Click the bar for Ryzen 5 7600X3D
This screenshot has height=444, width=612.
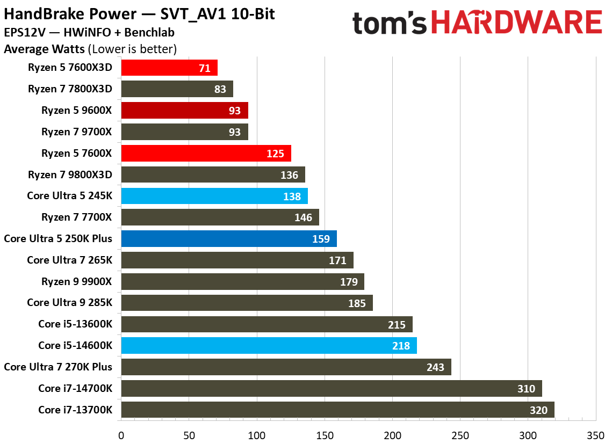click(169, 68)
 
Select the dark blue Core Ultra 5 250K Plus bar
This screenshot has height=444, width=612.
click(229, 239)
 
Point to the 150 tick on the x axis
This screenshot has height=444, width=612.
click(325, 433)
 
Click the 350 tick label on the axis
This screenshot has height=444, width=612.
click(595, 433)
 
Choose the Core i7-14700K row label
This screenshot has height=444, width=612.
click(75, 389)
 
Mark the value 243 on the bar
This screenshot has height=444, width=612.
click(435, 368)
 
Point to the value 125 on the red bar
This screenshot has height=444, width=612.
click(275, 154)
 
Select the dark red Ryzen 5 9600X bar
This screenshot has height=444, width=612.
click(184, 111)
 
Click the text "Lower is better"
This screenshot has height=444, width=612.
click(134, 49)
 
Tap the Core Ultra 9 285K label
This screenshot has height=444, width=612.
click(70, 303)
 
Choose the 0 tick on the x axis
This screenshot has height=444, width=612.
click(121, 433)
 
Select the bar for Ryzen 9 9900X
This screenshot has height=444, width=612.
click(242, 282)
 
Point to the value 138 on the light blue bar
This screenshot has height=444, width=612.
click(292, 196)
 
